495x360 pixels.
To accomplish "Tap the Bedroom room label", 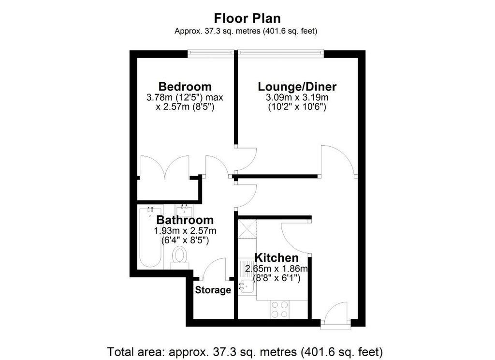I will pyautogui.click(x=185, y=87).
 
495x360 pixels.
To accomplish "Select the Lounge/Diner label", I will pyautogui.click(x=297, y=87).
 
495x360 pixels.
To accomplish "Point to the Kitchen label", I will pyautogui.click(x=277, y=258).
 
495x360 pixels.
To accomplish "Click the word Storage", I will pyautogui.click(x=213, y=290).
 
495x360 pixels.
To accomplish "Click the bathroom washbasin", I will pyautogui.click(x=184, y=210).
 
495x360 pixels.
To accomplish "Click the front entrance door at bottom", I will pyautogui.click(x=335, y=317).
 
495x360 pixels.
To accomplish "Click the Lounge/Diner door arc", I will pyautogui.click(x=338, y=160).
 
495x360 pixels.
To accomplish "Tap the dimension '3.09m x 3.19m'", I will pyautogui.click(x=297, y=98).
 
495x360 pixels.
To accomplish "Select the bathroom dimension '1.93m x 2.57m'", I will pyautogui.click(x=185, y=230).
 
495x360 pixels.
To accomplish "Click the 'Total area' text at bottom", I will pyautogui.click(x=247, y=350).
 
